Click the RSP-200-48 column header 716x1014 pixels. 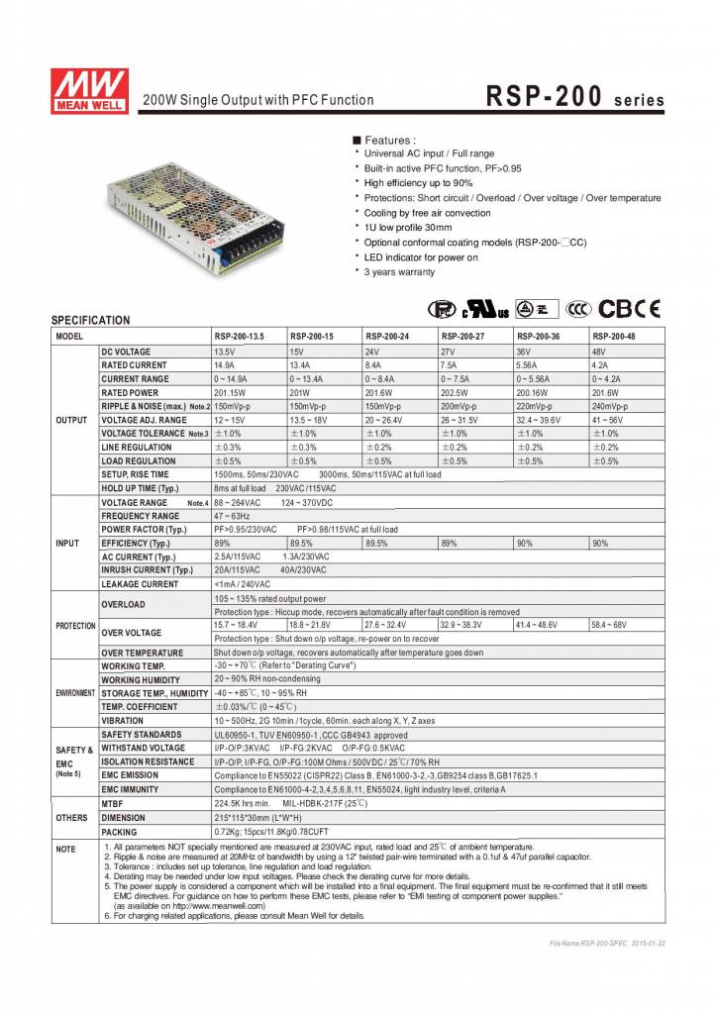[x=614, y=337]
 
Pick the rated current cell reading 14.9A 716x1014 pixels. [x=225, y=364]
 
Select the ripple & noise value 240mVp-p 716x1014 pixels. [x=614, y=406]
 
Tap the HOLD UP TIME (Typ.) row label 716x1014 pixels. [x=140, y=488]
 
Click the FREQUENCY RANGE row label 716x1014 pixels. [x=141, y=516]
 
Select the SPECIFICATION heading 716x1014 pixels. [x=90, y=320]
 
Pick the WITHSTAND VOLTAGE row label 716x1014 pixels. [x=143, y=748]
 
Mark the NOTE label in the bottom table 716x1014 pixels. [x=65, y=850]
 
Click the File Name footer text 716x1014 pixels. [x=607, y=944]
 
